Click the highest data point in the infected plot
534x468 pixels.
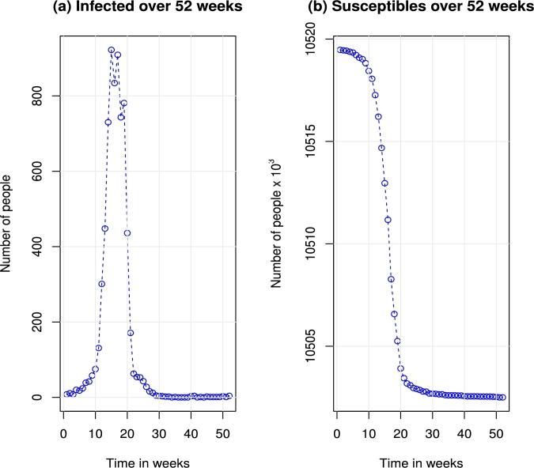point(112,50)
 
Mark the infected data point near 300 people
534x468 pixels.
point(101,284)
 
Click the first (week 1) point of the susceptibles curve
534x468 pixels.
point(340,50)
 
